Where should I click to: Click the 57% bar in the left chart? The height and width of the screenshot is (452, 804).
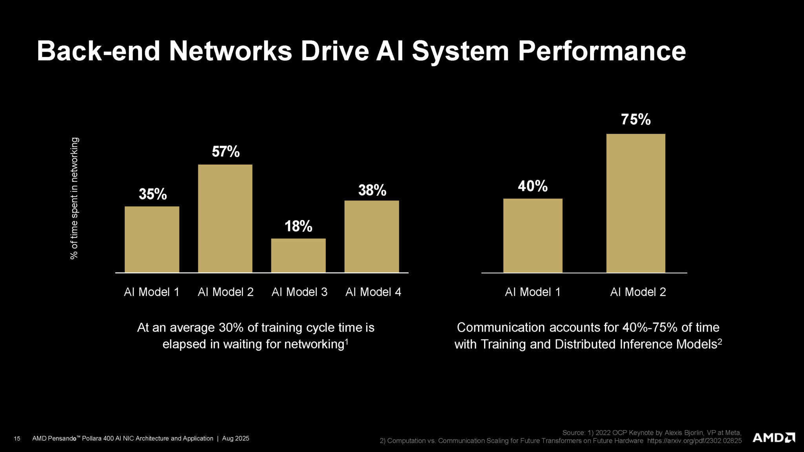pyautogui.click(x=225, y=218)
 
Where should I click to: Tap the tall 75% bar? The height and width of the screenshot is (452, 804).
pyautogui.click(x=636, y=203)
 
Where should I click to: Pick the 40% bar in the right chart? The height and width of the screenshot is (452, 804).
pyautogui.click(x=533, y=235)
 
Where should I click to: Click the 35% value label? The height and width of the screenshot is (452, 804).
pyautogui.click(x=153, y=194)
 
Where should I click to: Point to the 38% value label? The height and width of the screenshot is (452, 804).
pyautogui.click(x=372, y=190)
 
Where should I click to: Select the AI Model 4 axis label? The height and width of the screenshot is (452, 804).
pyautogui.click(x=373, y=292)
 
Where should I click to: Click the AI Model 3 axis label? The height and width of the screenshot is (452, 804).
pyautogui.click(x=299, y=292)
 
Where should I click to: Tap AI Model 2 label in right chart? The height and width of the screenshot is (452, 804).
pyautogui.click(x=638, y=292)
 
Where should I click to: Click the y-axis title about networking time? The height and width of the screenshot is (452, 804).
pyautogui.click(x=74, y=198)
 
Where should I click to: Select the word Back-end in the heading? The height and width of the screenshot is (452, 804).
pyautogui.click(x=98, y=51)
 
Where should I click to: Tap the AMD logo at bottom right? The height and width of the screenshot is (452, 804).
pyautogui.click(x=773, y=437)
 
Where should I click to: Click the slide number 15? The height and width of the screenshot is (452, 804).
pyautogui.click(x=17, y=439)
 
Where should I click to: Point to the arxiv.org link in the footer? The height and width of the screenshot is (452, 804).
pyautogui.click(x=694, y=441)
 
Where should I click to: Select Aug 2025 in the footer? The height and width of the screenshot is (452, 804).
pyautogui.click(x=236, y=438)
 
